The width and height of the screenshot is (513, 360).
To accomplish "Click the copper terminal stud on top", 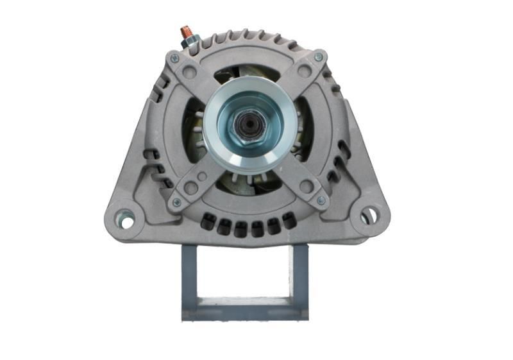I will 185,31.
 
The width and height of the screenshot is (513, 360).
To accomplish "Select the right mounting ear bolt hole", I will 368,214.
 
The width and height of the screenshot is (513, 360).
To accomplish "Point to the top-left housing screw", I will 174,58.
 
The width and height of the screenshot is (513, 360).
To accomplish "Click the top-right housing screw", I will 319,58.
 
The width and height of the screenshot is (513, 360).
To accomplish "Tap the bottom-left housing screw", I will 176,202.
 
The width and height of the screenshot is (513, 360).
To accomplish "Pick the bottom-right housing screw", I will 321,201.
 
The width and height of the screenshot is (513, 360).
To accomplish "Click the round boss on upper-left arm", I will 189,73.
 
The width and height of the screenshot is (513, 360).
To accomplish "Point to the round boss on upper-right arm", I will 305,72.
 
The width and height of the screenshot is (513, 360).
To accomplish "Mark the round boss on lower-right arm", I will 306,187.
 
